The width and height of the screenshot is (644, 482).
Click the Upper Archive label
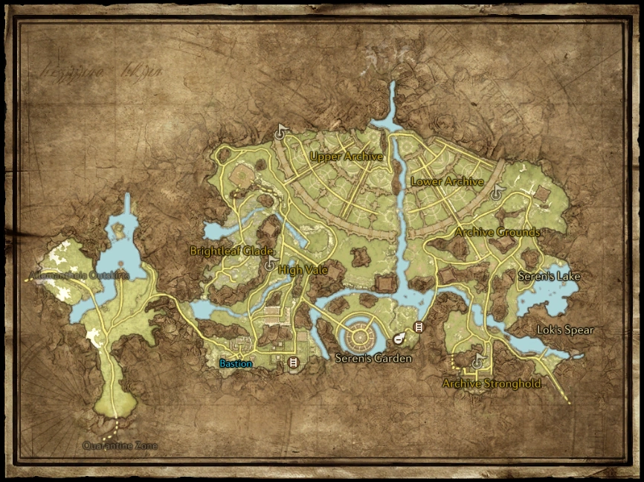pos(346,157)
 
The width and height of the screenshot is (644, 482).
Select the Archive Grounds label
pos(497,232)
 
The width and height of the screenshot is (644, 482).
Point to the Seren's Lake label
pos(549,276)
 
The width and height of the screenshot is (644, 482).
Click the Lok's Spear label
pos(565,330)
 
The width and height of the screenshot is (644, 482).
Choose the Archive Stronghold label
pos(492,384)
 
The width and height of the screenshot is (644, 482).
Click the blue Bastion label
pos(236,364)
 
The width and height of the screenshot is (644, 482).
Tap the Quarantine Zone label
pos(120,446)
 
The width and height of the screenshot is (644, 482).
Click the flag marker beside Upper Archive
pos(281,132)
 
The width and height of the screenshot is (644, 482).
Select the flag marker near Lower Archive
pos(498,193)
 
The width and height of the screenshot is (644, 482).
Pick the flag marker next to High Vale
pos(269,265)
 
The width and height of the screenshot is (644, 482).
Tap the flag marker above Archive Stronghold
pos(477,362)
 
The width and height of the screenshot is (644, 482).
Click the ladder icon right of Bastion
pos(293,362)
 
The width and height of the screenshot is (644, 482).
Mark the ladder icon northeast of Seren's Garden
pos(419,327)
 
